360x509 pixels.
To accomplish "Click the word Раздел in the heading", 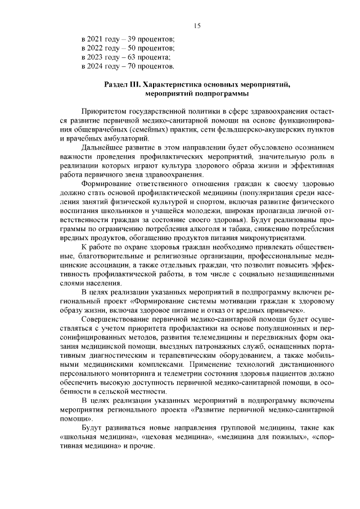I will tap(116, 84).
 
